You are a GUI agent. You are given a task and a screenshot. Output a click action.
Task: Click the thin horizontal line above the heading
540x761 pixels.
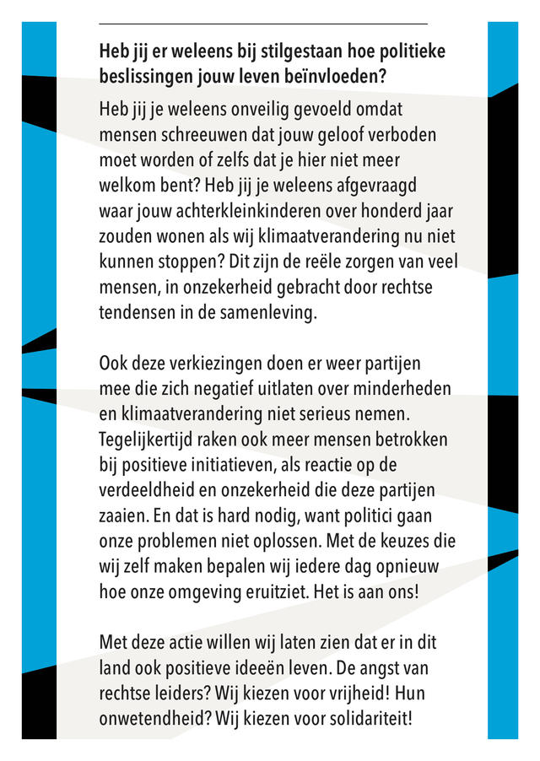[263, 24]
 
